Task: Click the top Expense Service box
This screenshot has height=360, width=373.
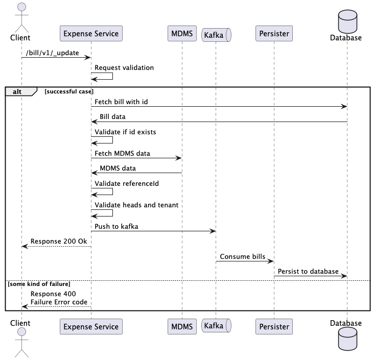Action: click(91, 34)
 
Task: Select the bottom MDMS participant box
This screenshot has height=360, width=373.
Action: click(181, 326)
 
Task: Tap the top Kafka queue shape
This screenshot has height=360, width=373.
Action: click(217, 35)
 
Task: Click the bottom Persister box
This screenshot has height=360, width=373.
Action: click(274, 326)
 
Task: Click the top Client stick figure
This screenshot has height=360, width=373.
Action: click(21, 18)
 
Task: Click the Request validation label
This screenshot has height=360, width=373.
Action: click(124, 67)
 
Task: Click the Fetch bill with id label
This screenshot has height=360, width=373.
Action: click(122, 102)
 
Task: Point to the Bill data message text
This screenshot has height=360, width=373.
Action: click(112, 117)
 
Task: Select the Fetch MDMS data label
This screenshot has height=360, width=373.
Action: click(122, 153)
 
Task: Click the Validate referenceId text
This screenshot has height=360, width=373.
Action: click(126, 183)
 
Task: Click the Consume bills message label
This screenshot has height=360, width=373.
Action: click(242, 256)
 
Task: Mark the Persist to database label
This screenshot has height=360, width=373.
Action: click(308, 271)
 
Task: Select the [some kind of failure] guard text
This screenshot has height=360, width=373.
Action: click(39, 283)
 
